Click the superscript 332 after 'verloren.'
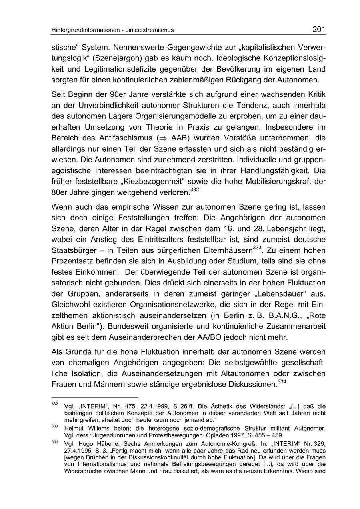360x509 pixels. (x=194, y=190)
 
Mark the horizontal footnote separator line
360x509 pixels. (x=94, y=398)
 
